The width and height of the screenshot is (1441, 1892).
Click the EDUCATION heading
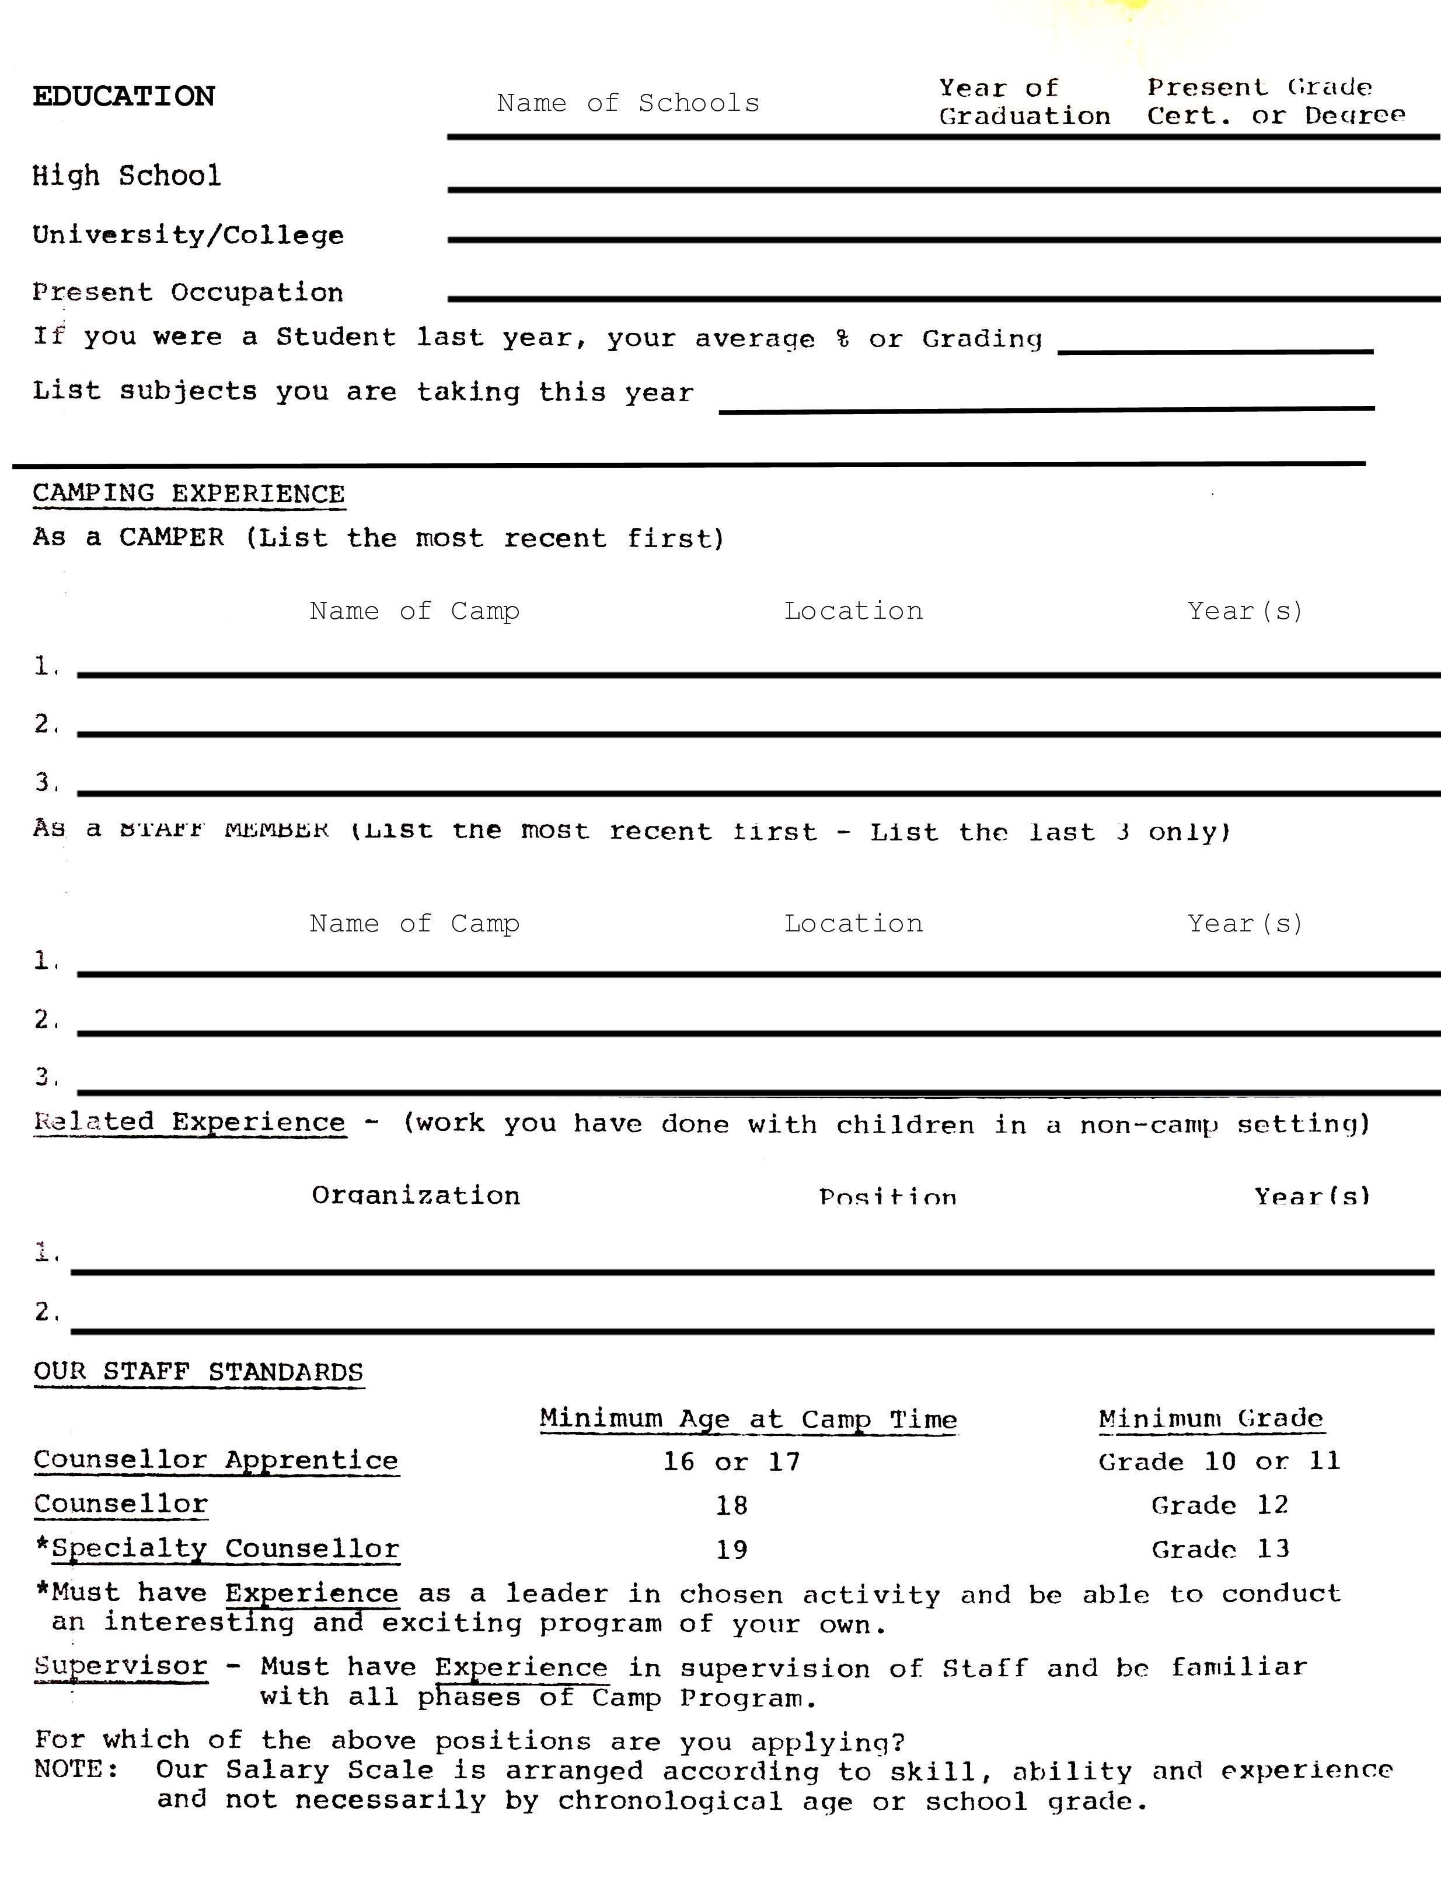click(124, 96)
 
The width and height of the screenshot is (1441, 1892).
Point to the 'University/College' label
click(188, 235)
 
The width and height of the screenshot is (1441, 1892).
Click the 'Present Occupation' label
click(188, 292)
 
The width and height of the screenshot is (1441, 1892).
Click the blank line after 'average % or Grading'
click(1215, 343)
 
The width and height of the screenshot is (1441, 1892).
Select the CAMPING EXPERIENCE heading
click(189, 494)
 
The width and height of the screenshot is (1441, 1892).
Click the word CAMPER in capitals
click(172, 538)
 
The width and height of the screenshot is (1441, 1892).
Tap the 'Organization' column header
click(416, 1195)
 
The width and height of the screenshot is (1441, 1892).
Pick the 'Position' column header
click(888, 1197)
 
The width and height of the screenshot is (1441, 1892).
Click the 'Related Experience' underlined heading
click(190, 1122)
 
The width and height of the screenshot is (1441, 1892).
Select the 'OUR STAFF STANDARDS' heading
click(198, 1372)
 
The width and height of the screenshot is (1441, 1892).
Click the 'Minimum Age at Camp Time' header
click(748, 1419)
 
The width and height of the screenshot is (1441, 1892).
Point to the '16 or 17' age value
click(732, 1462)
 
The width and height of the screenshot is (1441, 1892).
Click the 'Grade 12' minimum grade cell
click(1219, 1505)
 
